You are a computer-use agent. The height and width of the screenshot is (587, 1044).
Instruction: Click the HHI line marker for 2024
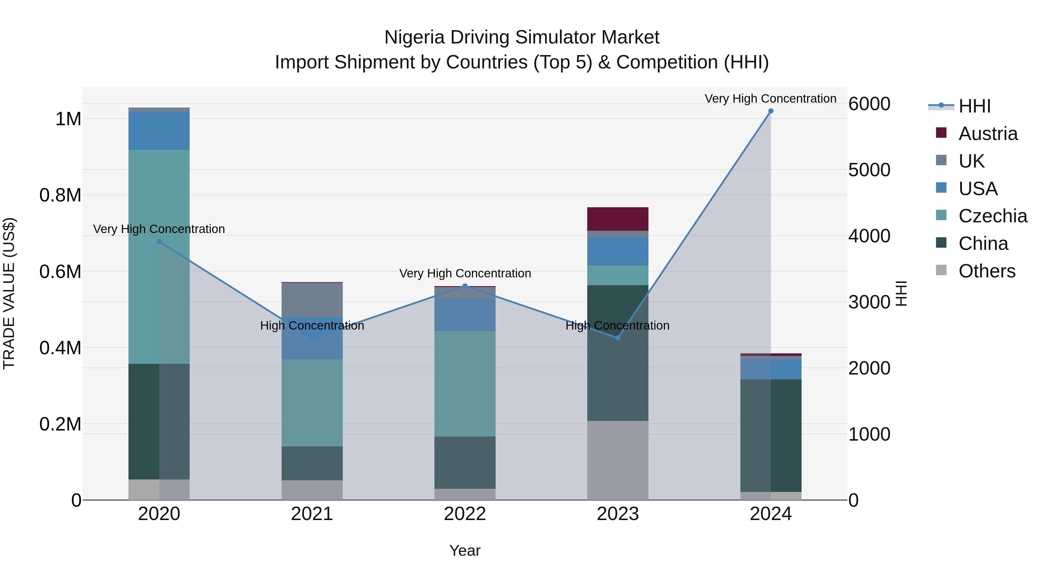pyautogui.click(x=771, y=111)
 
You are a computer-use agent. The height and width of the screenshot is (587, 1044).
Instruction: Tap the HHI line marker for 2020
pyautogui.click(x=159, y=242)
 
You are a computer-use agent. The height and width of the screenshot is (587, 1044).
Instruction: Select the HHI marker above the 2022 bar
pyautogui.click(x=465, y=286)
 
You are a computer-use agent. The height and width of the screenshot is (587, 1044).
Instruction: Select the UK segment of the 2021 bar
pyautogui.click(x=312, y=300)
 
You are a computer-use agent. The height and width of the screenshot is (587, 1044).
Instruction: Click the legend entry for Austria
pyautogui.click(x=988, y=134)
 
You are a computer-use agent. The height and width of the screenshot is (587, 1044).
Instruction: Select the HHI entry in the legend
pyautogui.click(x=974, y=106)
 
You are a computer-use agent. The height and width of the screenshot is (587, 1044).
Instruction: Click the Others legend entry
pyautogui.click(x=987, y=271)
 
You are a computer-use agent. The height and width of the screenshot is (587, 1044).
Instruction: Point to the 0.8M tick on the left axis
pyautogui.click(x=60, y=195)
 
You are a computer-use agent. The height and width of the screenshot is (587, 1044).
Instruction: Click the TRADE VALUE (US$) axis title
pyautogui.click(x=9, y=293)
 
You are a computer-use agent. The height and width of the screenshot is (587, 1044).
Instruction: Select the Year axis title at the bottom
pyautogui.click(x=465, y=550)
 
